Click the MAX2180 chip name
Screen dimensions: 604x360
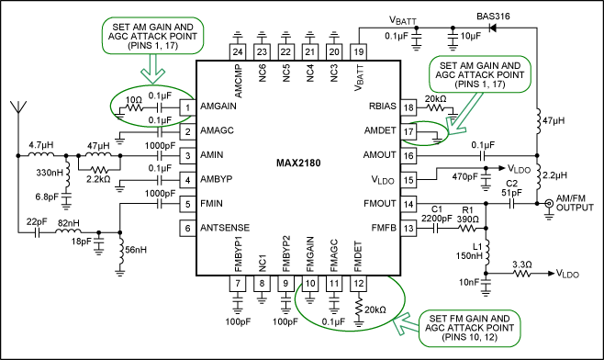tap(298, 163)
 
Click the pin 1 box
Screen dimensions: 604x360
tap(187, 107)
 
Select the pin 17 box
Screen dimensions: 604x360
tap(408, 132)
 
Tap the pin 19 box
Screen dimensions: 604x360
tap(359, 52)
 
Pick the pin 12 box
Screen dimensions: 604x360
tap(359, 283)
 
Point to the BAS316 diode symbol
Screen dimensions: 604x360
tap(492, 28)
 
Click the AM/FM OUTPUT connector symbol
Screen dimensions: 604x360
tap(549, 204)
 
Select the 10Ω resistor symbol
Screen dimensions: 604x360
tap(134, 107)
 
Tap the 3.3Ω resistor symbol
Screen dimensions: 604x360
tap(521, 274)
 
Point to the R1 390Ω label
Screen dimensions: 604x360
tap(467, 215)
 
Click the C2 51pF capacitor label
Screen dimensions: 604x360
tap(512, 187)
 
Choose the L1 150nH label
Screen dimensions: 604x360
tap(469, 251)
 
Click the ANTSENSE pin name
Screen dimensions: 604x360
tap(225, 228)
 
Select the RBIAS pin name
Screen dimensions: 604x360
tap(382, 106)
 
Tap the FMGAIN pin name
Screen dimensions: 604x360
tap(310, 254)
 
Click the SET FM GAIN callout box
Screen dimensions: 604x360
tap(470, 328)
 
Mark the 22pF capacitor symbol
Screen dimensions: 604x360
tap(37, 232)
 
